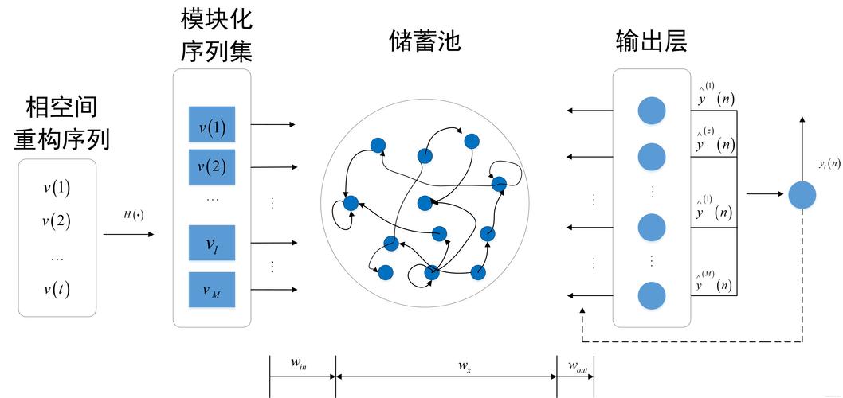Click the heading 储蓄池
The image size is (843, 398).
pos(425,41)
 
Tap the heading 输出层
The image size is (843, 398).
pos(651,41)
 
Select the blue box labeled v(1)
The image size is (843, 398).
pos(212,127)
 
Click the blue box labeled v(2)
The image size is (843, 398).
pos(212,166)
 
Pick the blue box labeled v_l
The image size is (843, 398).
pos(212,244)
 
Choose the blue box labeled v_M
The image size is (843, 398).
pos(212,290)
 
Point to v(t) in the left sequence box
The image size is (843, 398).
pos(57,290)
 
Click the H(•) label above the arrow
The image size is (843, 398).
pos(134,215)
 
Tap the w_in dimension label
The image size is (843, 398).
pos(299,365)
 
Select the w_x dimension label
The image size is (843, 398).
pos(465,365)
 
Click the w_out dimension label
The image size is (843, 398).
pos(578,365)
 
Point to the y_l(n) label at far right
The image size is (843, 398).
pos(829,164)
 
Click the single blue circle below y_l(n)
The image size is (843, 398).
pos(802,195)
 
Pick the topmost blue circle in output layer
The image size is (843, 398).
pos(652,111)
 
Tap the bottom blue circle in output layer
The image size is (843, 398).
pos(652,296)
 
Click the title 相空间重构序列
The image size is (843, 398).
pos(61,123)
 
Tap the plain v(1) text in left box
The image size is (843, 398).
pos(57,189)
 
